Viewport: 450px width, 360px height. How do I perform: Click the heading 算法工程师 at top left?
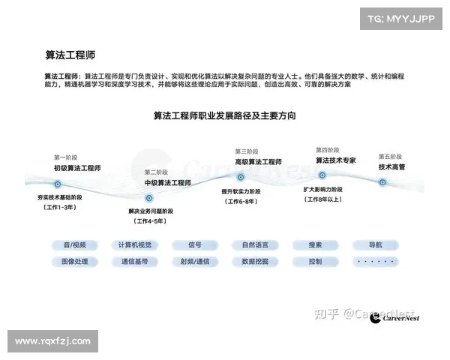70,55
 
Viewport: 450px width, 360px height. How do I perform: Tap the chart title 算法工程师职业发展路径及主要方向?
224,116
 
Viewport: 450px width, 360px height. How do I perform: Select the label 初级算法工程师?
76,167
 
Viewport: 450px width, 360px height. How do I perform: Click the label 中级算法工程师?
167,182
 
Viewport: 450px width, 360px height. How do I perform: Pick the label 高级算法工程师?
258,161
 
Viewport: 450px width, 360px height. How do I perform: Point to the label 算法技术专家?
335,160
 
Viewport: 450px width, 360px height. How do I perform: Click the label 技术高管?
392,167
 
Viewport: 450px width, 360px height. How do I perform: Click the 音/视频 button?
75,244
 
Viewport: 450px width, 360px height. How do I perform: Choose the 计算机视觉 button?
135,244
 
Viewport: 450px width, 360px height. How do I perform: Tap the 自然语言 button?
255,244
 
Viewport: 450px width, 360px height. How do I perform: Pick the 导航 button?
375,244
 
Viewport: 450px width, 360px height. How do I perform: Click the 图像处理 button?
75,262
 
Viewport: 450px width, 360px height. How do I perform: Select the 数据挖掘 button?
255,262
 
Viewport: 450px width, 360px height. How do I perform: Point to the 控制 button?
315,262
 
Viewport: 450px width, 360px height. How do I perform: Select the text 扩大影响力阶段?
322,190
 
